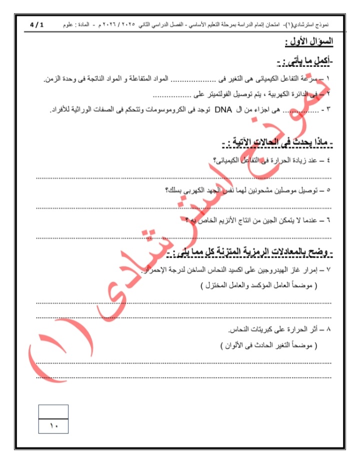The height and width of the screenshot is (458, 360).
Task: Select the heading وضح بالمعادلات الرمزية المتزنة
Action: point(253,253)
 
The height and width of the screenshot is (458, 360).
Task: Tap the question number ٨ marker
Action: point(328,330)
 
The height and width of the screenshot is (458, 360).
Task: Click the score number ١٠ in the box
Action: point(53,426)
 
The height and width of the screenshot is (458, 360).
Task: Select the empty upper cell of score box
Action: point(53,412)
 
